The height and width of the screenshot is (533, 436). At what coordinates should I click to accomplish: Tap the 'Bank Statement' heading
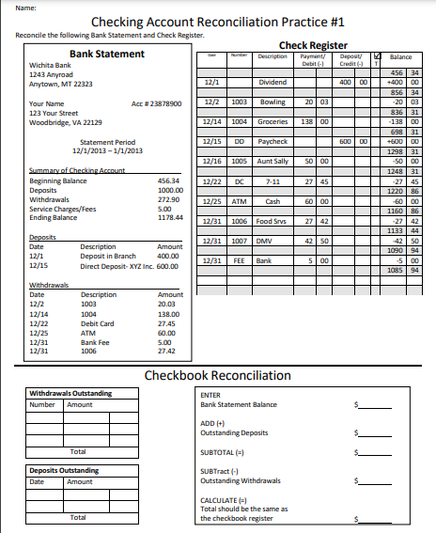107,55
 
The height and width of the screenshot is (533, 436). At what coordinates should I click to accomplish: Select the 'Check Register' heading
313,45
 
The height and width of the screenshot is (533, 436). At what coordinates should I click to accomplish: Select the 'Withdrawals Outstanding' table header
71,393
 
